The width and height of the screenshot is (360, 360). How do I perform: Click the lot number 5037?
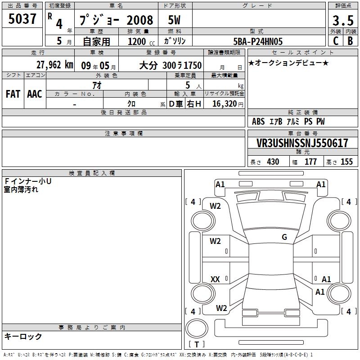pos(22,19)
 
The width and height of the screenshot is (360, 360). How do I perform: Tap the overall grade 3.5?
pos(343,20)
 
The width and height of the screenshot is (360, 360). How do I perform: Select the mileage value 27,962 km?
pos(54,65)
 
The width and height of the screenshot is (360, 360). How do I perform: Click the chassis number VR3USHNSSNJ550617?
pos(302,143)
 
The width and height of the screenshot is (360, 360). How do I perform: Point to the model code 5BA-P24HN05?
pos(258,41)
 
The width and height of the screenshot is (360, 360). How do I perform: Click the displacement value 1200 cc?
pos(141,41)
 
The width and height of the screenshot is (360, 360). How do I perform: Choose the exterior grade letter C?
pos(336,41)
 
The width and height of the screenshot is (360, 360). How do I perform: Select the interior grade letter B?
pos(350,41)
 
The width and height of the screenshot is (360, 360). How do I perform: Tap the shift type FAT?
pos(13,94)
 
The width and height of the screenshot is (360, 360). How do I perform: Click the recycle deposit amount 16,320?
pos(225,103)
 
